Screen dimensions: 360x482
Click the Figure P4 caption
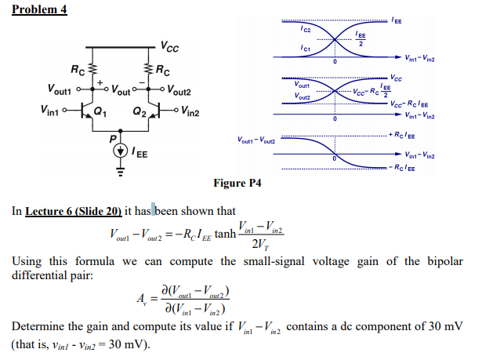[x=237, y=184]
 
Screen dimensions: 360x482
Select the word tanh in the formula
[x=224, y=235]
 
